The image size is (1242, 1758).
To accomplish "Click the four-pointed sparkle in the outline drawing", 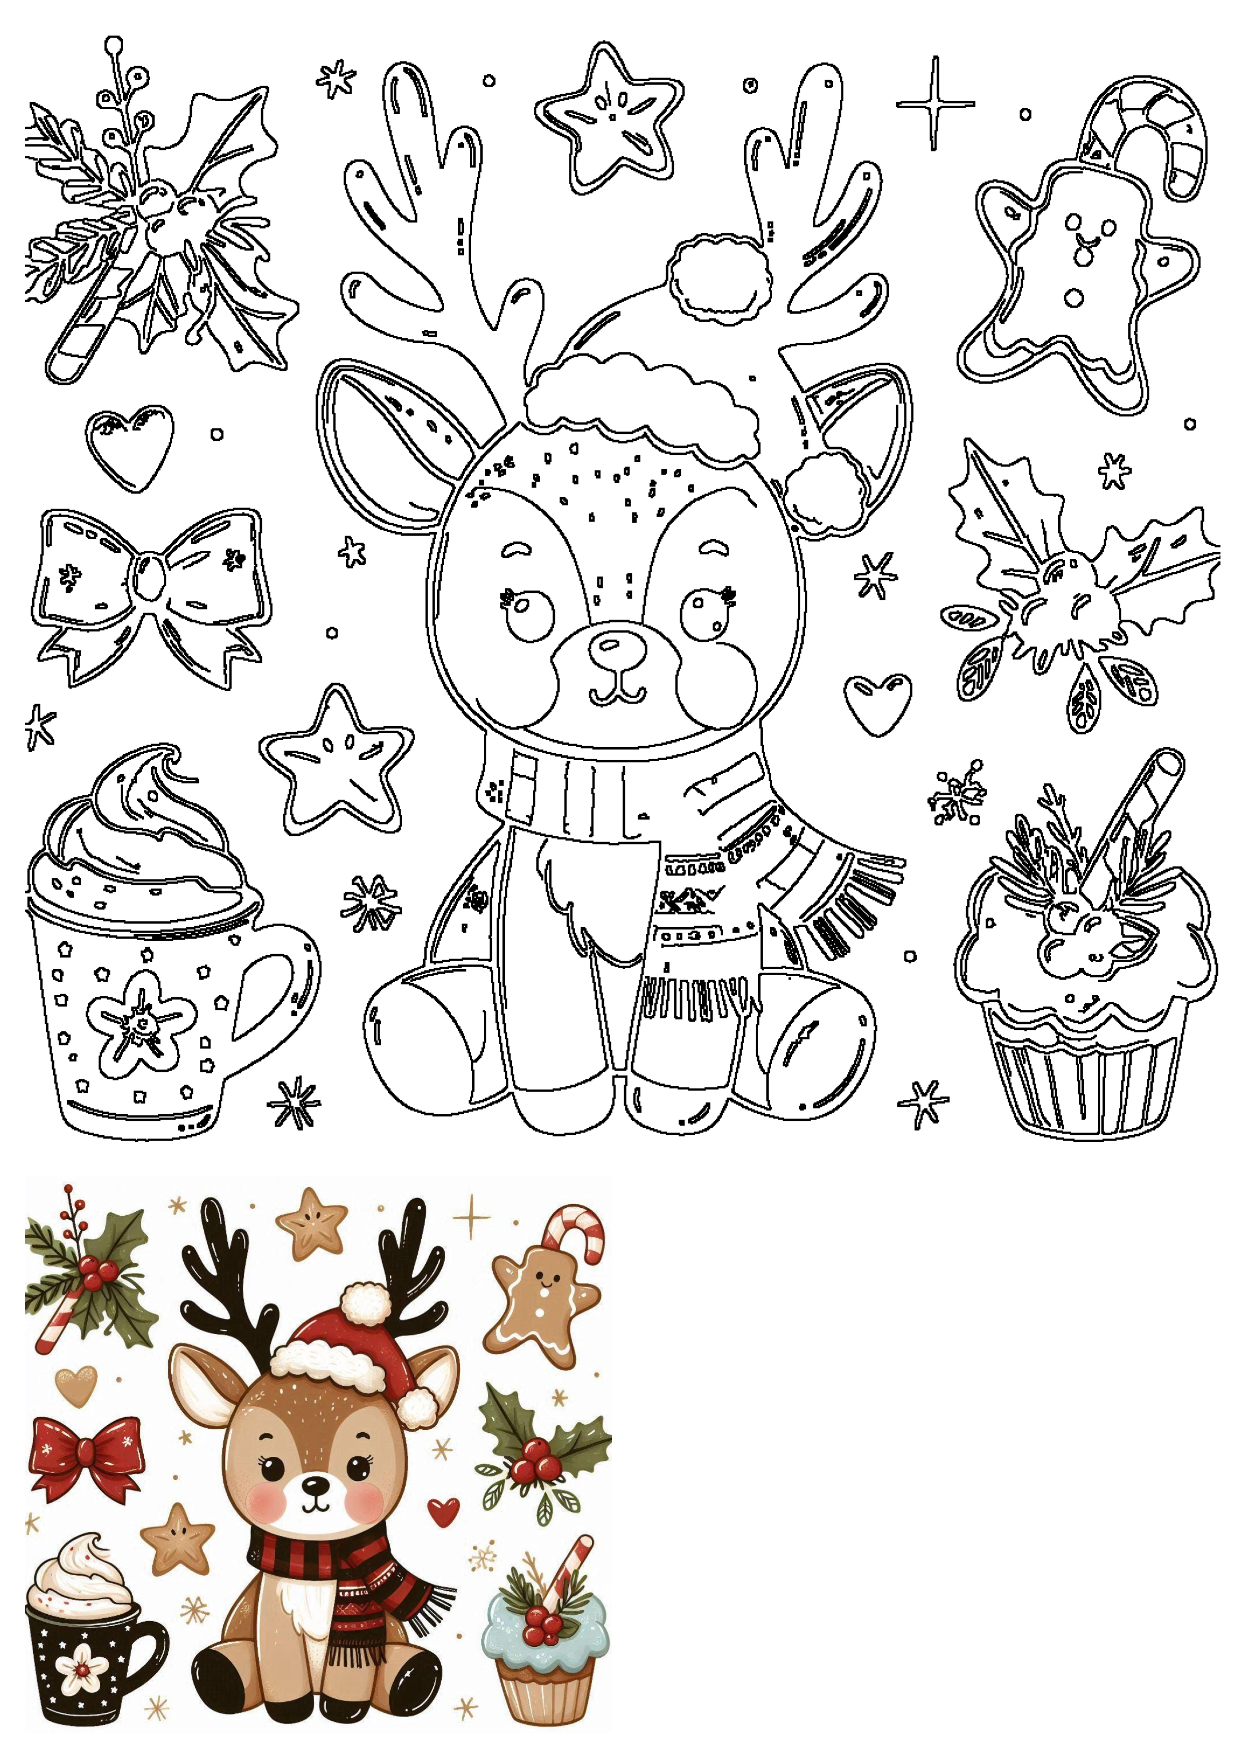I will [935, 103].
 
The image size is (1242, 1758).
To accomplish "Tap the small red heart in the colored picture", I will [444, 1510].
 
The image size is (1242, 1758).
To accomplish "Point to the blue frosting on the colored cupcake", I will [545, 1631].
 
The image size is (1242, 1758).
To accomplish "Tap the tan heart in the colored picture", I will [77, 1384].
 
